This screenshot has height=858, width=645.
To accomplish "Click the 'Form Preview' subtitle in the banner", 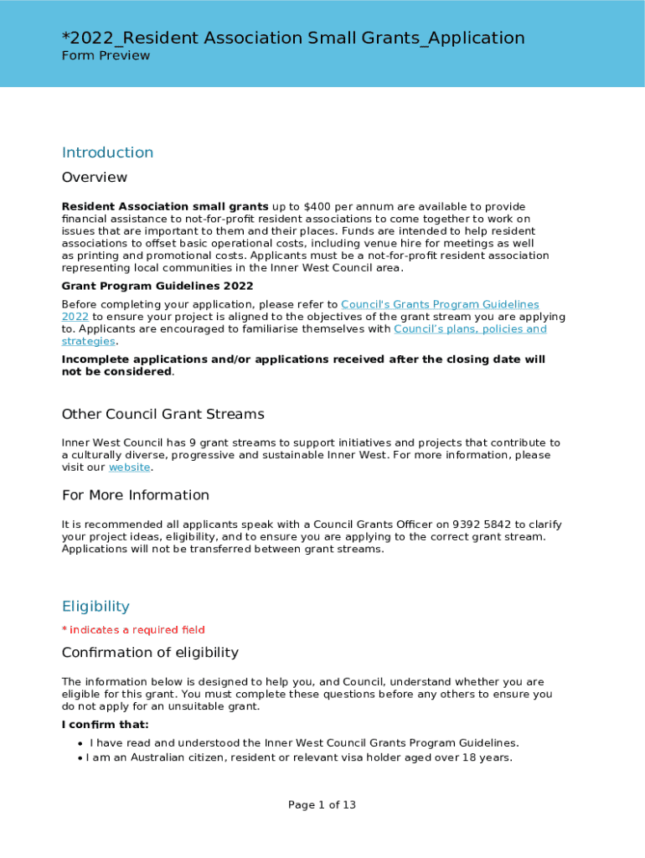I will coord(106,55).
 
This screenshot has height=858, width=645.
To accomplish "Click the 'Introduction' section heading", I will coord(107,152).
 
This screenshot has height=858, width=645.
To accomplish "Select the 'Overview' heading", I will coord(95,178).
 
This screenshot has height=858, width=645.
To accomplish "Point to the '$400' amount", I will coord(317,207).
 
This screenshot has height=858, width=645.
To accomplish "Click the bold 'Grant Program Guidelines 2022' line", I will coord(157,286).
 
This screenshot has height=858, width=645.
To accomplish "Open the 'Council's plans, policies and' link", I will coord(470,329).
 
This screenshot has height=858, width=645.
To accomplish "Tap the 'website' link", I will coord(129,468).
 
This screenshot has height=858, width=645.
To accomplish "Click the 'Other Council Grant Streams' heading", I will coord(163,414).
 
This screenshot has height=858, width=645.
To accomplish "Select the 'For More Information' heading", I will coord(135,495).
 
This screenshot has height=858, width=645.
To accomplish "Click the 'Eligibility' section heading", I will coord(95,607).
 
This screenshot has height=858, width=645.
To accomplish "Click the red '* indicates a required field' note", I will coord(133,630).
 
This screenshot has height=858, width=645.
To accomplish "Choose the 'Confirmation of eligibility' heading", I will coord(150,653).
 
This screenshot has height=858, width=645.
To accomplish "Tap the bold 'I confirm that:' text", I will coord(106,725).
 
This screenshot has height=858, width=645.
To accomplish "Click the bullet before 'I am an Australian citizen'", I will coord(80,758).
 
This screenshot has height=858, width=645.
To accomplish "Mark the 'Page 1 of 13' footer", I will coord(322,805).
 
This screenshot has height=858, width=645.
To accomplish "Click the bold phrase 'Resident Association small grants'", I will coord(165,207).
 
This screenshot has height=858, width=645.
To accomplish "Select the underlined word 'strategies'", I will coord(88,341).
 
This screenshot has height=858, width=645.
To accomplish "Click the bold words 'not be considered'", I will coord(116,371).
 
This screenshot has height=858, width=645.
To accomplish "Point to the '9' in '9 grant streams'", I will coord(171,443).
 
